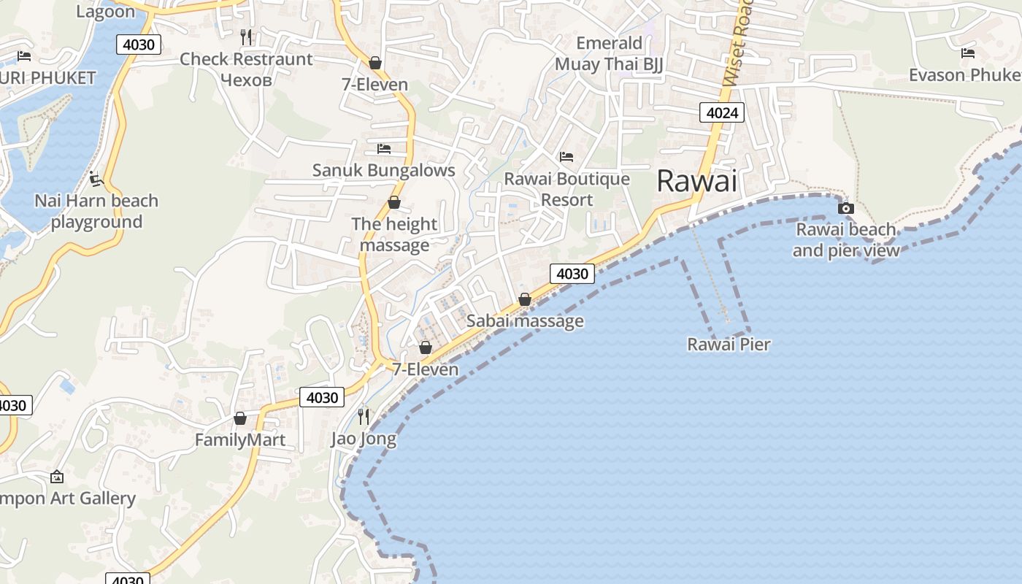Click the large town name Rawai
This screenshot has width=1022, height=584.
click(697, 181)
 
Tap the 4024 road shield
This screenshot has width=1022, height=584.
click(722, 112)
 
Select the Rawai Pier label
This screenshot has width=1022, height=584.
click(729, 344)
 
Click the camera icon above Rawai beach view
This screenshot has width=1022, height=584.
click(845, 208)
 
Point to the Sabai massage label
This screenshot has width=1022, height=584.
click(525, 320)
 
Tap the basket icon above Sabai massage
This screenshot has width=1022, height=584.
click(524, 299)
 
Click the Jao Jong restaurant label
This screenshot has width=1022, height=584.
click(364, 439)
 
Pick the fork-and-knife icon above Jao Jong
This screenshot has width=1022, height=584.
click(363, 416)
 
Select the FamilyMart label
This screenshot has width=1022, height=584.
click(239, 440)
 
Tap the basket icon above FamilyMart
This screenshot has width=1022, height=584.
click(239, 418)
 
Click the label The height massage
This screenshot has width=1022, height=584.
click(394, 234)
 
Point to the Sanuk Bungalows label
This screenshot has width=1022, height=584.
click(383, 170)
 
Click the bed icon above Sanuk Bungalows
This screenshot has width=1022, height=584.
click(383, 149)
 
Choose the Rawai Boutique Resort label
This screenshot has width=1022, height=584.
click(566, 189)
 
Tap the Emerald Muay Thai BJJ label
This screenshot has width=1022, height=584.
click(609, 53)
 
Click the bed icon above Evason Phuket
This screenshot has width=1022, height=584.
click(968, 53)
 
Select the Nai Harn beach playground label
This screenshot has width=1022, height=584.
click(96, 211)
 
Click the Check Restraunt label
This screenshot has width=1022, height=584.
click(246, 59)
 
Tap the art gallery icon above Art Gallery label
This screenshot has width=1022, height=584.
click(57, 477)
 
